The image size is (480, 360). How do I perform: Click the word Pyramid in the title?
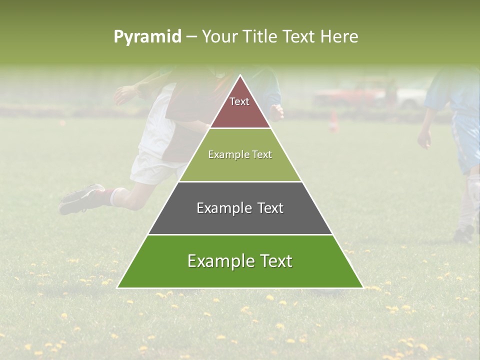[x=147, y=37]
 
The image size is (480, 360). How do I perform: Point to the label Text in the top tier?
[x=239, y=101]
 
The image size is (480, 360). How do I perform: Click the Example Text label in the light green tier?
[x=240, y=155]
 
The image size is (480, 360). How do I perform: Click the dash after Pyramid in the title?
[x=191, y=37]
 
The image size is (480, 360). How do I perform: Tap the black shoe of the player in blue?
[x=464, y=233]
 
